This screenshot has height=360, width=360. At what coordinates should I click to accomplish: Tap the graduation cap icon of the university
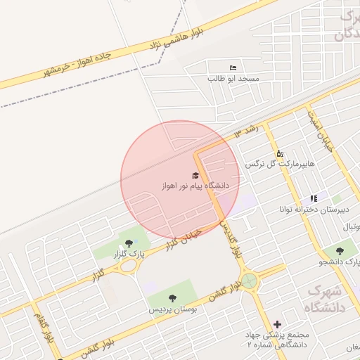pyautogui.click(x=195, y=176)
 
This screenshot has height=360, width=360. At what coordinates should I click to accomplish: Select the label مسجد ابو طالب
pyautogui.click(x=233, y=79)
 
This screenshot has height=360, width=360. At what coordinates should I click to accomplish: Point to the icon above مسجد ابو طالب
pyautogui.click(x=233, y=68)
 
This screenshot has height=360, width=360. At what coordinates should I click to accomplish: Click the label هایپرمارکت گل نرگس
pyautogui.click(x=279, y=163)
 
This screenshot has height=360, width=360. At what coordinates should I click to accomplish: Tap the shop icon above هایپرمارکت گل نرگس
pyautogui.click(x=279, y=153)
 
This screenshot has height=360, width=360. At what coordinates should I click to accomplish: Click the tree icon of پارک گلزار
pyautogui.click(x=126, y=243)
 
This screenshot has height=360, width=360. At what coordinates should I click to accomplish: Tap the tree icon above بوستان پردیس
pyautogui.click(x=172, y=298)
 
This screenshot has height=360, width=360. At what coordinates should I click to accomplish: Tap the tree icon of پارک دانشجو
pyautogui.click(x=341, y=250)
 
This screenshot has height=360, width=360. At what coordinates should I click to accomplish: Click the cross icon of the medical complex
pyautogui.click(x=278, y=325)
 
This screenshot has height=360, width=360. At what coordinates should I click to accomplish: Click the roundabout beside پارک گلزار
pyautogui.click(x=128, y=266)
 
